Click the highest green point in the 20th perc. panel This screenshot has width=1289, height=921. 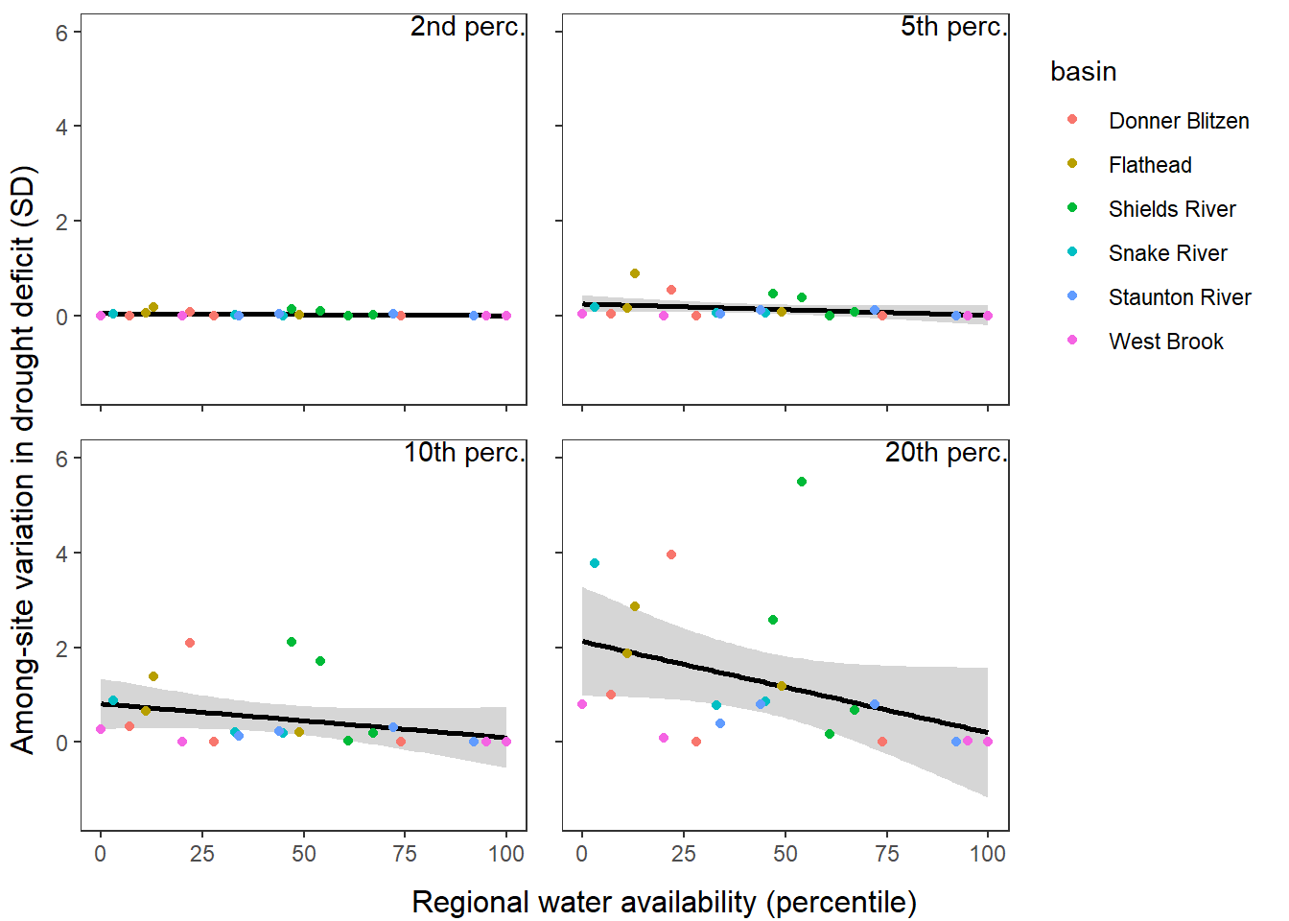coord(802,482)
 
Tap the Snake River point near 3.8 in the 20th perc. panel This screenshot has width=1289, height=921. coord(595,563)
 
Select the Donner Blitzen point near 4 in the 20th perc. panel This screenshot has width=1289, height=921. coord(671,555)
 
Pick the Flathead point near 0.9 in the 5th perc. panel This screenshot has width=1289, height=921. coord(635,273)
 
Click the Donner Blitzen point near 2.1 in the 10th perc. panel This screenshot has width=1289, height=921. coord(190,643)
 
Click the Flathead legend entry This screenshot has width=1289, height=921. coord(1150,165)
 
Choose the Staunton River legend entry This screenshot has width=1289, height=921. coord(1179,297)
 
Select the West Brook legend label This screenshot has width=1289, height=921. coord(1165,342)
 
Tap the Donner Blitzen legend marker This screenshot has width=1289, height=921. coord(1072,120)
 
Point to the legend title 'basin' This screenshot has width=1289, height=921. coord(1083,72)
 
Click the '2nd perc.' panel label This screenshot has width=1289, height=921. coord(467,27)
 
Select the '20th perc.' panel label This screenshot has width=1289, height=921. coord(946,453)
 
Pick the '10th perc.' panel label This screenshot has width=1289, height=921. coord(464,453)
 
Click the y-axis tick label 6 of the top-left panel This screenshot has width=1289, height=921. coord(62,33)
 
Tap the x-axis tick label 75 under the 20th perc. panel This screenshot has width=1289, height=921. coord(887,854)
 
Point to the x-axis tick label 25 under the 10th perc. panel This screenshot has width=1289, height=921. coord(202,854)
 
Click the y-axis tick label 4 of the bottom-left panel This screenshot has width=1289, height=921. coord(62,554)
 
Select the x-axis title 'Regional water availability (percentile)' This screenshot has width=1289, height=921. coord(664,902)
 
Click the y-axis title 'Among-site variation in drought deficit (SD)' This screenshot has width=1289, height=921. coord(23,460)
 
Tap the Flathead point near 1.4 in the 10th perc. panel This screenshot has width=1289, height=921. coord(153,676)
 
